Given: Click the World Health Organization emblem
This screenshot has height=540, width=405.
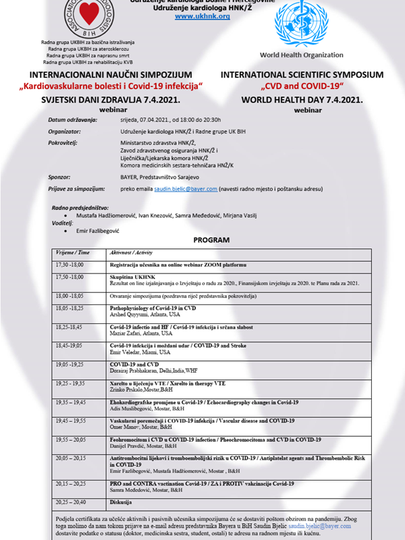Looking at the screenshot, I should point(306,23).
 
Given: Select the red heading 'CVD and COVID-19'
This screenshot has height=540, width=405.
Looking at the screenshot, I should point(302,86).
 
